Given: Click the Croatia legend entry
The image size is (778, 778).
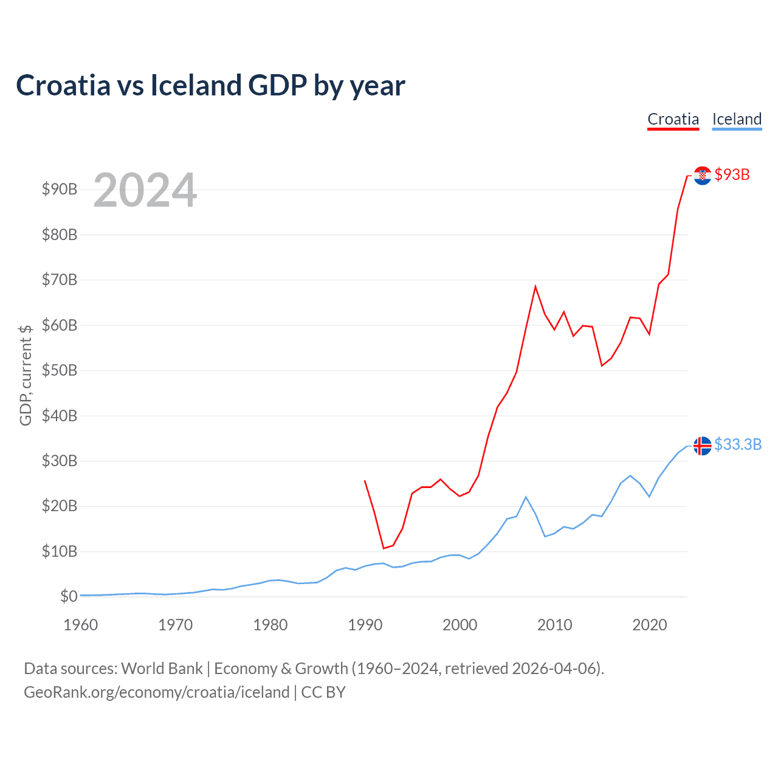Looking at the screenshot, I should [673, 119].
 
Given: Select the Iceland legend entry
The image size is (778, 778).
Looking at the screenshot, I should [737, 119].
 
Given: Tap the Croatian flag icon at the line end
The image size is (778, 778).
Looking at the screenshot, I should [702, 176].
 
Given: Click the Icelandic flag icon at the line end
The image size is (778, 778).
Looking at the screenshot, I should [702, 446].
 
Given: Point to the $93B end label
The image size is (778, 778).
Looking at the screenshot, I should [732, 175].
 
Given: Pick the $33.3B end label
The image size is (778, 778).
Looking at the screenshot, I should [738, 445].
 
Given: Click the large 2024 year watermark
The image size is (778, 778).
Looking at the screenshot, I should [145, 190].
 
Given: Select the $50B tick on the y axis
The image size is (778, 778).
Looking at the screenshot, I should [60, 371].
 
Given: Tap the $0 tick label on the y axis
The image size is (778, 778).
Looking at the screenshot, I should [69, 597].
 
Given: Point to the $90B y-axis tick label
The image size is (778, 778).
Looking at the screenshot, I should [60, 190].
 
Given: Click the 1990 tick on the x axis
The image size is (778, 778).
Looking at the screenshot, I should [365, 625].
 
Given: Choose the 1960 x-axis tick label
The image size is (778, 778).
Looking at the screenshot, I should [81, 625].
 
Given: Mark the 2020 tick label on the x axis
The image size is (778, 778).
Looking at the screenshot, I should [649, 625].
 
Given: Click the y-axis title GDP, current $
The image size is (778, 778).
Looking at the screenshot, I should [26, 375].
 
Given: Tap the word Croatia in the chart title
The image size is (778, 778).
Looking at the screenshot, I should [63, 85].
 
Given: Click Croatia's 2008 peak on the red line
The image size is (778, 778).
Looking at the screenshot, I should [535, 286].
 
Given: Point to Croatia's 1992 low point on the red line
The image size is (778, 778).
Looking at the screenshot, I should [384, 548].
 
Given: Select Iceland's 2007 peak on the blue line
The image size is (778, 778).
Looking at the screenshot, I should [526, 497].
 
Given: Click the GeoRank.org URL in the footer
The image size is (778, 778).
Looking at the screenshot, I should [157, 692].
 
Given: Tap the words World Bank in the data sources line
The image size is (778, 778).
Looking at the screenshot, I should [162, 669].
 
